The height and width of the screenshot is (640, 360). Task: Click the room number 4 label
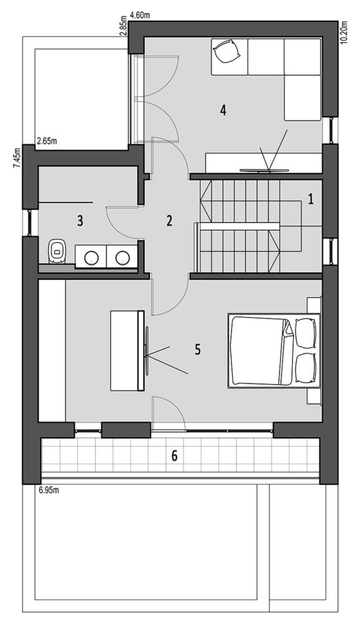[223, 110]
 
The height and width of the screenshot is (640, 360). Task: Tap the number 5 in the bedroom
[197, 350]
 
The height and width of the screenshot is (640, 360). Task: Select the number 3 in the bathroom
[80, 221]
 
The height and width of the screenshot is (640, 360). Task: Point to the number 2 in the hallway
[169, 221]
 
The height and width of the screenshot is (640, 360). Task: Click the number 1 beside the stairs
[311, 199]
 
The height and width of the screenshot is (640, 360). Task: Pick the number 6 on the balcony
[174, 456]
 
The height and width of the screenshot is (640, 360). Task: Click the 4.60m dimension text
[139, 16]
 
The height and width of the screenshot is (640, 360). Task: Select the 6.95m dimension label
[49, 490]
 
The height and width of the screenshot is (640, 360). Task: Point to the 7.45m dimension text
[16, 157]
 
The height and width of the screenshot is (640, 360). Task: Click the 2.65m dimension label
[46, 142]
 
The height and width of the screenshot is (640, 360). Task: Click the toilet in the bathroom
[57, 251]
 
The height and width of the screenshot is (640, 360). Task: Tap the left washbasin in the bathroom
[91, 257]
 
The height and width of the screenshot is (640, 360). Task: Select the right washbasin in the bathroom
[122, 257]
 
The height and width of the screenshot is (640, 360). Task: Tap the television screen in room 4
[264, 170]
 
